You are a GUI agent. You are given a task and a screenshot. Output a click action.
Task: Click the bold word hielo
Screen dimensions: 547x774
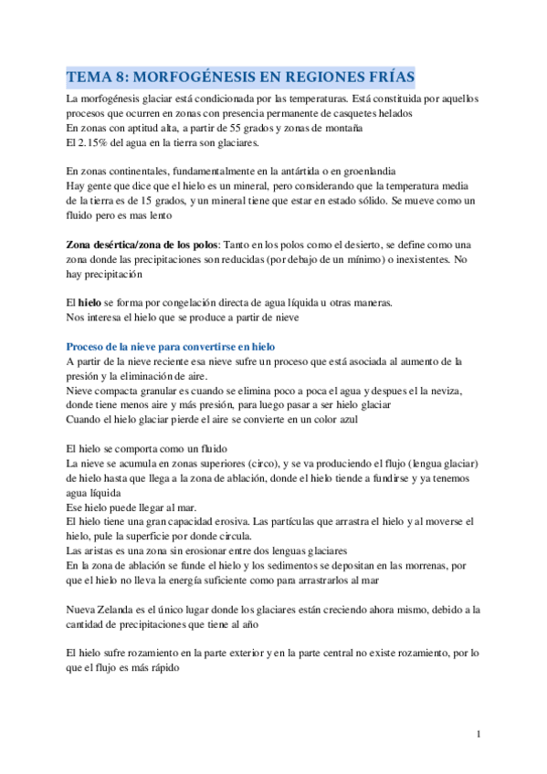coord(89,301)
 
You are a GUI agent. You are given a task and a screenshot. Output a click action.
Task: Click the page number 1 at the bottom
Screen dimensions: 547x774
coord(479,734)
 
